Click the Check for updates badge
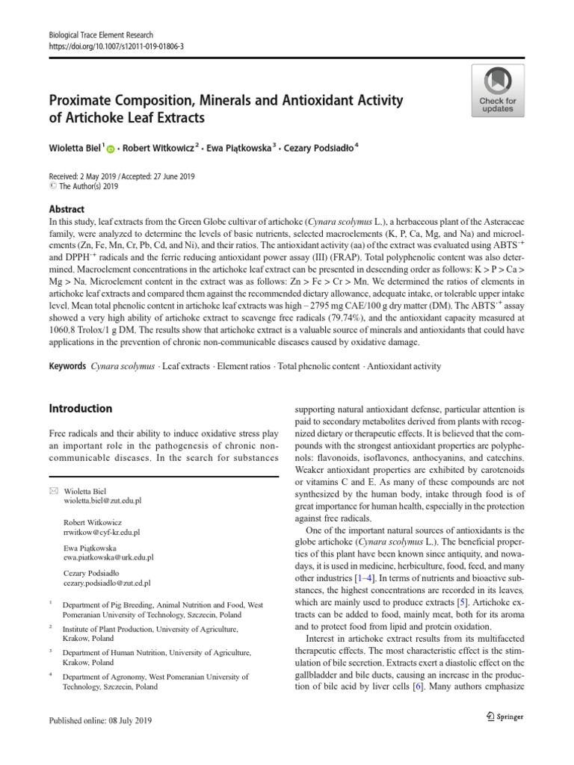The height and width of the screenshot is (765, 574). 497,89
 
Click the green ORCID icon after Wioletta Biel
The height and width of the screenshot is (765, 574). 111,149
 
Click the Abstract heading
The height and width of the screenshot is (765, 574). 67,210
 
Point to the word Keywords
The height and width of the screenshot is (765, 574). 67,366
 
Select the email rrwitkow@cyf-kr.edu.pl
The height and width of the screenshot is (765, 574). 101,533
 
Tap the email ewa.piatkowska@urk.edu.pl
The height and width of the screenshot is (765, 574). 108,557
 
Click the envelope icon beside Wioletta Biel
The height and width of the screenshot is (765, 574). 53,490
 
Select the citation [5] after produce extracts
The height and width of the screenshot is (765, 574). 462,602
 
